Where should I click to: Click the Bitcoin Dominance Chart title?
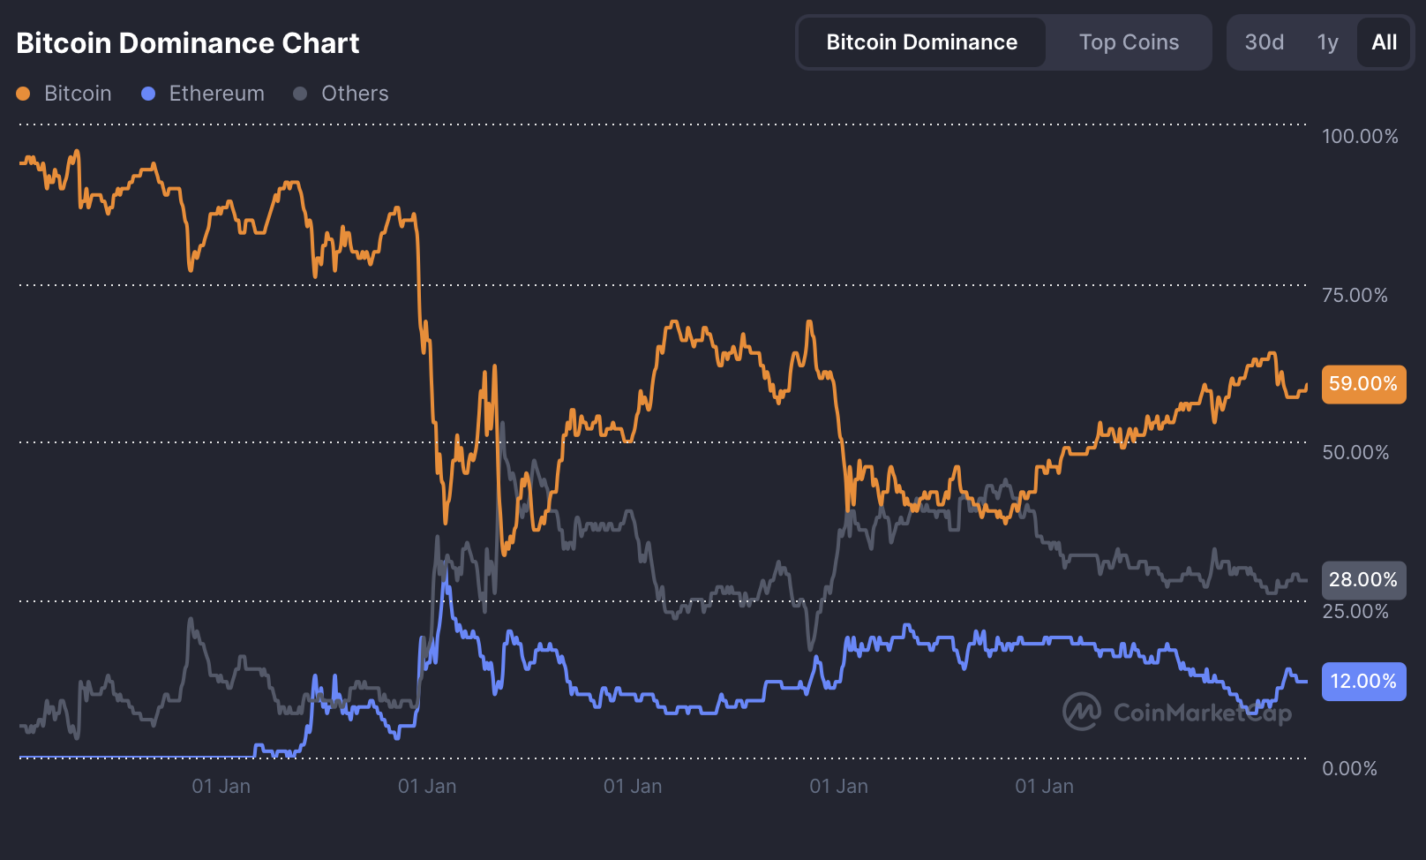point(187,43)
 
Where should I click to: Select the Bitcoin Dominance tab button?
point(921,42)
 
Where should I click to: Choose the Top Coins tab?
point(1129,42)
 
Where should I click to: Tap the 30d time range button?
point(1264,42)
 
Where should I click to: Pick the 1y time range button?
point(1327,42)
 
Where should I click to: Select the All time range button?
point(1384,42)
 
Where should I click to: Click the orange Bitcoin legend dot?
point(23,94)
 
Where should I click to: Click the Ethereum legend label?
point(216,94)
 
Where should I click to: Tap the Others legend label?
point(355,94)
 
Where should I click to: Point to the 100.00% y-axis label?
point(1359,136)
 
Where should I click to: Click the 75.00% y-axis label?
point(1355,295)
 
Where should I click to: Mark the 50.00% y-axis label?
point(1355,452)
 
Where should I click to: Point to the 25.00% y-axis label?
point(1355,611)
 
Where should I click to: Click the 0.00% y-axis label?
point(1349,768)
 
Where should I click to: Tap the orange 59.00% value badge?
point(1363,384)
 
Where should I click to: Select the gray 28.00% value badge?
point(1363,580)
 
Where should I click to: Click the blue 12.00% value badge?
point(1363,682)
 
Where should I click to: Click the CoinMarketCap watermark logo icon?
point(1081,712)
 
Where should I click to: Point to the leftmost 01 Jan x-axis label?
point(221,786)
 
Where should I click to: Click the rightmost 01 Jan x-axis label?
point(1044,786)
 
